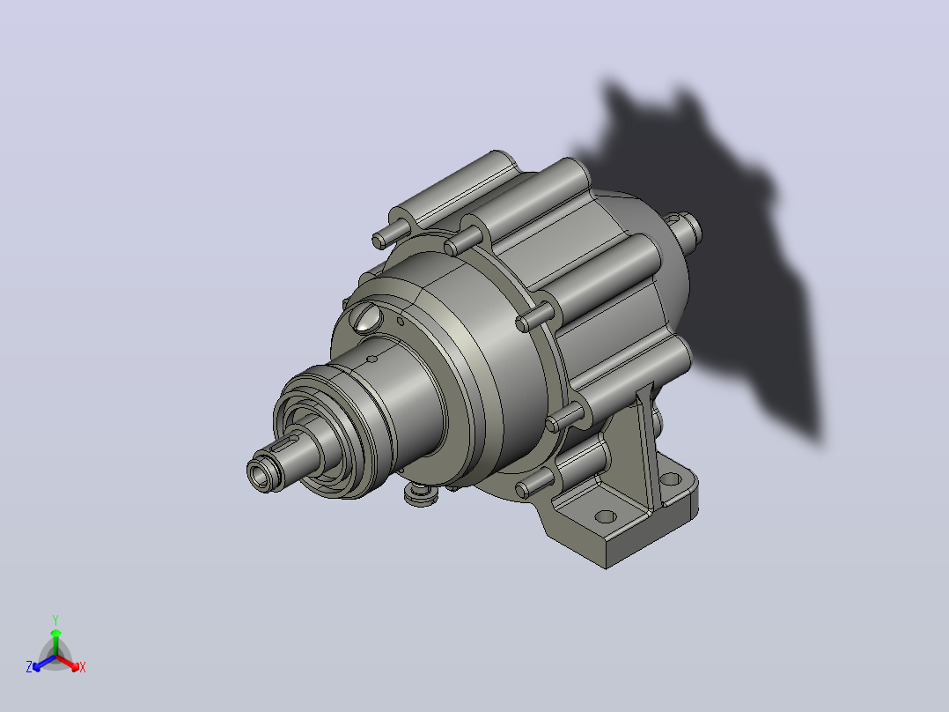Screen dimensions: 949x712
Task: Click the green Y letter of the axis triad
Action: click(55, 619)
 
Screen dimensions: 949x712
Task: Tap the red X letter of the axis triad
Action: click(83, 667)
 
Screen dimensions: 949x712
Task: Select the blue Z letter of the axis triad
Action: click(28, 667)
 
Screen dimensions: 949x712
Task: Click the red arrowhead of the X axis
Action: click(74, 666)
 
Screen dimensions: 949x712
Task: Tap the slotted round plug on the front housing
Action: click(367, 318)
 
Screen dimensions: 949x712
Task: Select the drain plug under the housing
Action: click(421, 494)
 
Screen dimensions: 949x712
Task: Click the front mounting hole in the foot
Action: click(606, 517)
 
